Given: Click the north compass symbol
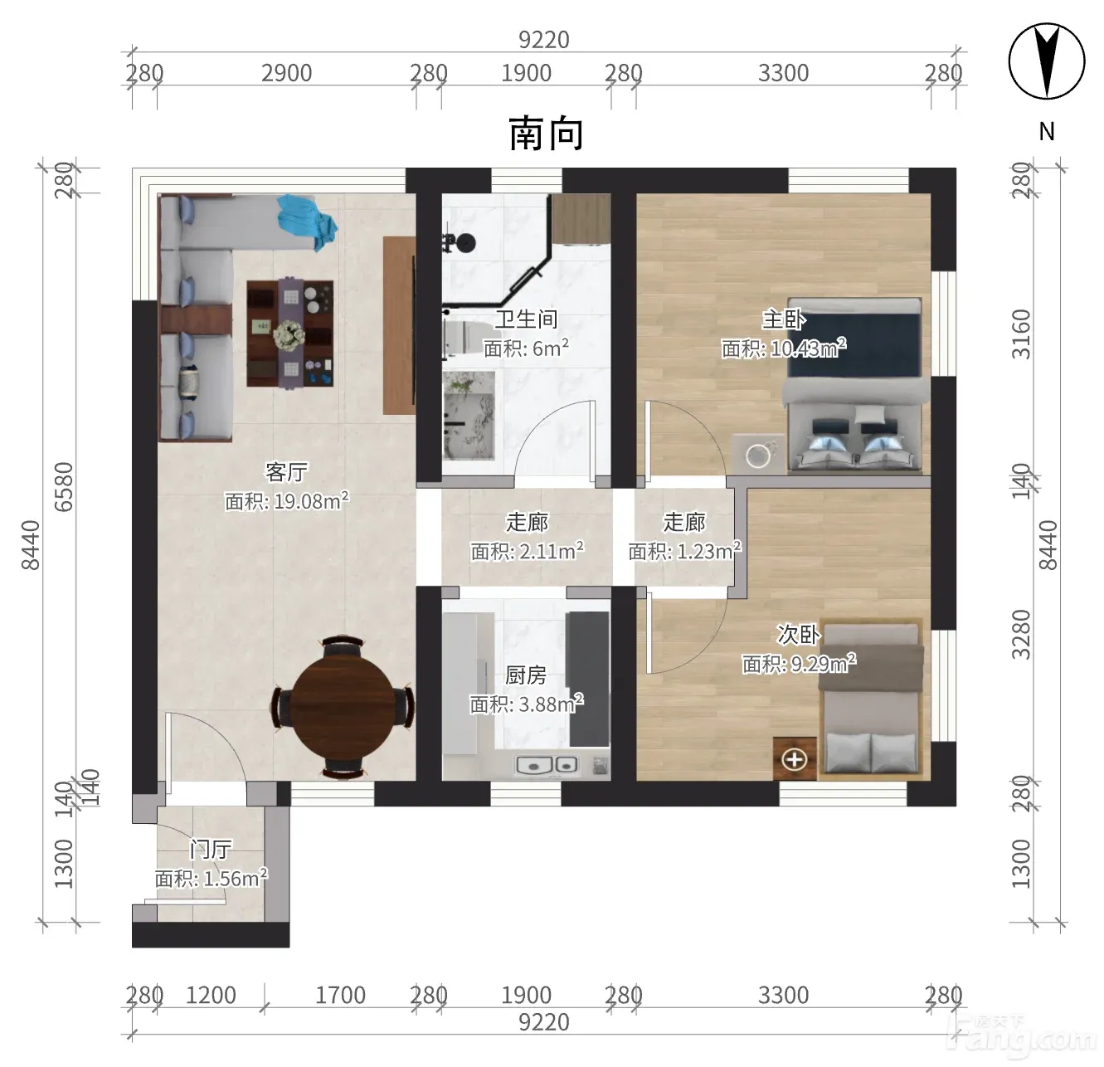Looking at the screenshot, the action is [x=1046, y=61].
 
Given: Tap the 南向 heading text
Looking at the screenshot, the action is [x=545, y=134].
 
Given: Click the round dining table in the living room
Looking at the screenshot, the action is [x=342, y=706].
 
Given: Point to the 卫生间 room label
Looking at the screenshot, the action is [x=526, y=319].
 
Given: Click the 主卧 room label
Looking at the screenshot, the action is [x=783, y=319].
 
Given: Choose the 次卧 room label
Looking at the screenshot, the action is [x=798, y=634].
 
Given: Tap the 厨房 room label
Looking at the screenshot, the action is [x=526, y=675].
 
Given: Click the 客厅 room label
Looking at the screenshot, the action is [x=286, y=471].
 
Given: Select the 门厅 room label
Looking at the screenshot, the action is [x=211, y=849].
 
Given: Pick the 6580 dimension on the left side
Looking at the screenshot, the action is [x=64, y=487].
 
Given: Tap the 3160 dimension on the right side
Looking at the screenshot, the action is [x=1021, y=334].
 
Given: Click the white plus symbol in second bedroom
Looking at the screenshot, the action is [x=794, y=759].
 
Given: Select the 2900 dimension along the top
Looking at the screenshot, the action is [x=286, y=73].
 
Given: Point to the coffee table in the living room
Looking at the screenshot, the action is [x=290, y=334].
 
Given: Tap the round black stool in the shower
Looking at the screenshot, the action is [x=466, y=243].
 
